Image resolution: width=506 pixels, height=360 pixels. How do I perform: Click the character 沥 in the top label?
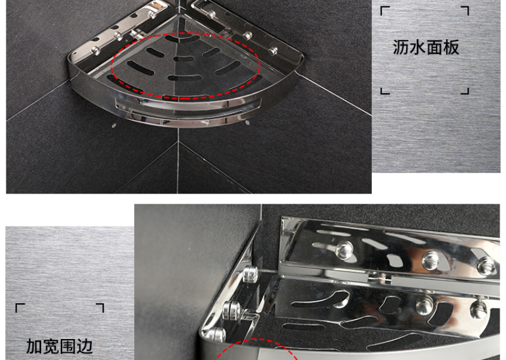[x=401, y=47]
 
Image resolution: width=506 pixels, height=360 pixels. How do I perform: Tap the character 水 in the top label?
[x=417, y=47]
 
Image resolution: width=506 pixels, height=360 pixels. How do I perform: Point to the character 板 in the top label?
[x=451, y=47]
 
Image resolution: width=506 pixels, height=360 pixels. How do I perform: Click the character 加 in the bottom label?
[x=34, y=347]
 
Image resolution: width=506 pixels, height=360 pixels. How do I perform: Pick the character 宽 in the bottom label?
[x=51, y=347]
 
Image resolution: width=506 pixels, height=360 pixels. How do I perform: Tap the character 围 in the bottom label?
[x=68, y=347]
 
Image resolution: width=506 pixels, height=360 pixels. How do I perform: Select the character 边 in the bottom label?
[x=85, y=347]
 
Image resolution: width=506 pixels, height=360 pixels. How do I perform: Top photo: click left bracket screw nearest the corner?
[x=151, y=14]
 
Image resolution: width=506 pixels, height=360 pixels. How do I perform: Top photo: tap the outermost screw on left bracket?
[x=96, y=50]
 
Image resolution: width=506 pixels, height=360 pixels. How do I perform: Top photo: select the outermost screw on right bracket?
[x=273, y=51]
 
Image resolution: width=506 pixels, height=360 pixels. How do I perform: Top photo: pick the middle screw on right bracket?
[x=247, y=35]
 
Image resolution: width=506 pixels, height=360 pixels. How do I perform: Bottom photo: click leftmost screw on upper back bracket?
[x=344, y=249]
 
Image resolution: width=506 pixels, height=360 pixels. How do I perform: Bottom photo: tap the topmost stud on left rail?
[x=250, y=274]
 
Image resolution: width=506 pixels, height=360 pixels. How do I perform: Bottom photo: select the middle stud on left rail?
[x=232, y=311]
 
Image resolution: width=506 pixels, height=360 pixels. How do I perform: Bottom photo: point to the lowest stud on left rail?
[x=216, y=335]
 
